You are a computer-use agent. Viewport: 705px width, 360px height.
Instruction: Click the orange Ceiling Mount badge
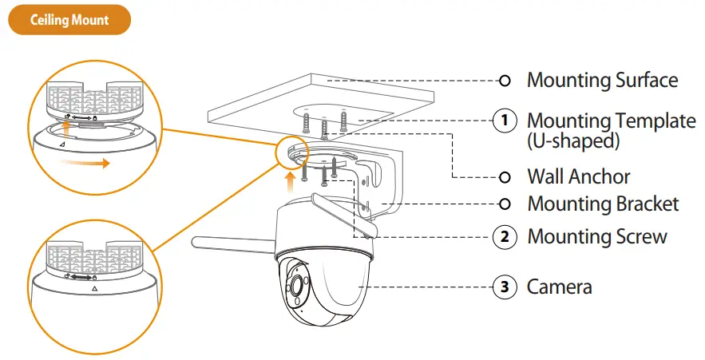pos(69,20)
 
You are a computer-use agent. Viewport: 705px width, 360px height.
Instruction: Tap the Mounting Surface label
pos(602,80)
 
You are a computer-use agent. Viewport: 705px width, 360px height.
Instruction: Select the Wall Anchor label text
pos(578,176)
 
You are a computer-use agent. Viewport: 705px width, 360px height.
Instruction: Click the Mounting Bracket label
pos(603,204)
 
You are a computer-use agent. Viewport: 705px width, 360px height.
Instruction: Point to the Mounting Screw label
pos(597,236)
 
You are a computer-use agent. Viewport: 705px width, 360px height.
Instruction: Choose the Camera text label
pos(559,286)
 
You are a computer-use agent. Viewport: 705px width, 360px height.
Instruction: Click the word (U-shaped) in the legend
pos(572,141)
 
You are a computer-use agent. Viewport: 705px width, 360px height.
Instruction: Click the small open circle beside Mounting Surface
pos(504,81)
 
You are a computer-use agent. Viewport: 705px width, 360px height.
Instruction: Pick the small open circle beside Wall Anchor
pos(504,176)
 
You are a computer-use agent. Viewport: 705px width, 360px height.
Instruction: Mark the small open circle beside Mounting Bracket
pos(504,204)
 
